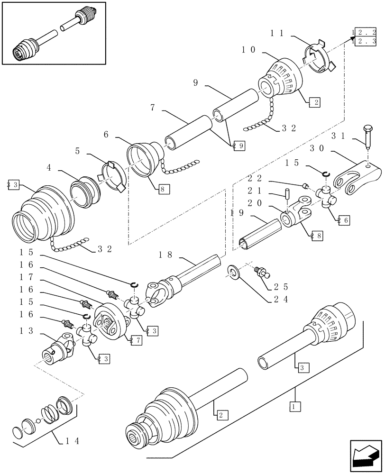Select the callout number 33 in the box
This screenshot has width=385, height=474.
click(x=13, y=185)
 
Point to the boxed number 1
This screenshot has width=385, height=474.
click(x=294, y=406)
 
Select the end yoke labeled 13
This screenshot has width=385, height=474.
click(x=58, y=351)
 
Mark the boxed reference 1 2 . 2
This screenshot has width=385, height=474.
click(x=364, y=33)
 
